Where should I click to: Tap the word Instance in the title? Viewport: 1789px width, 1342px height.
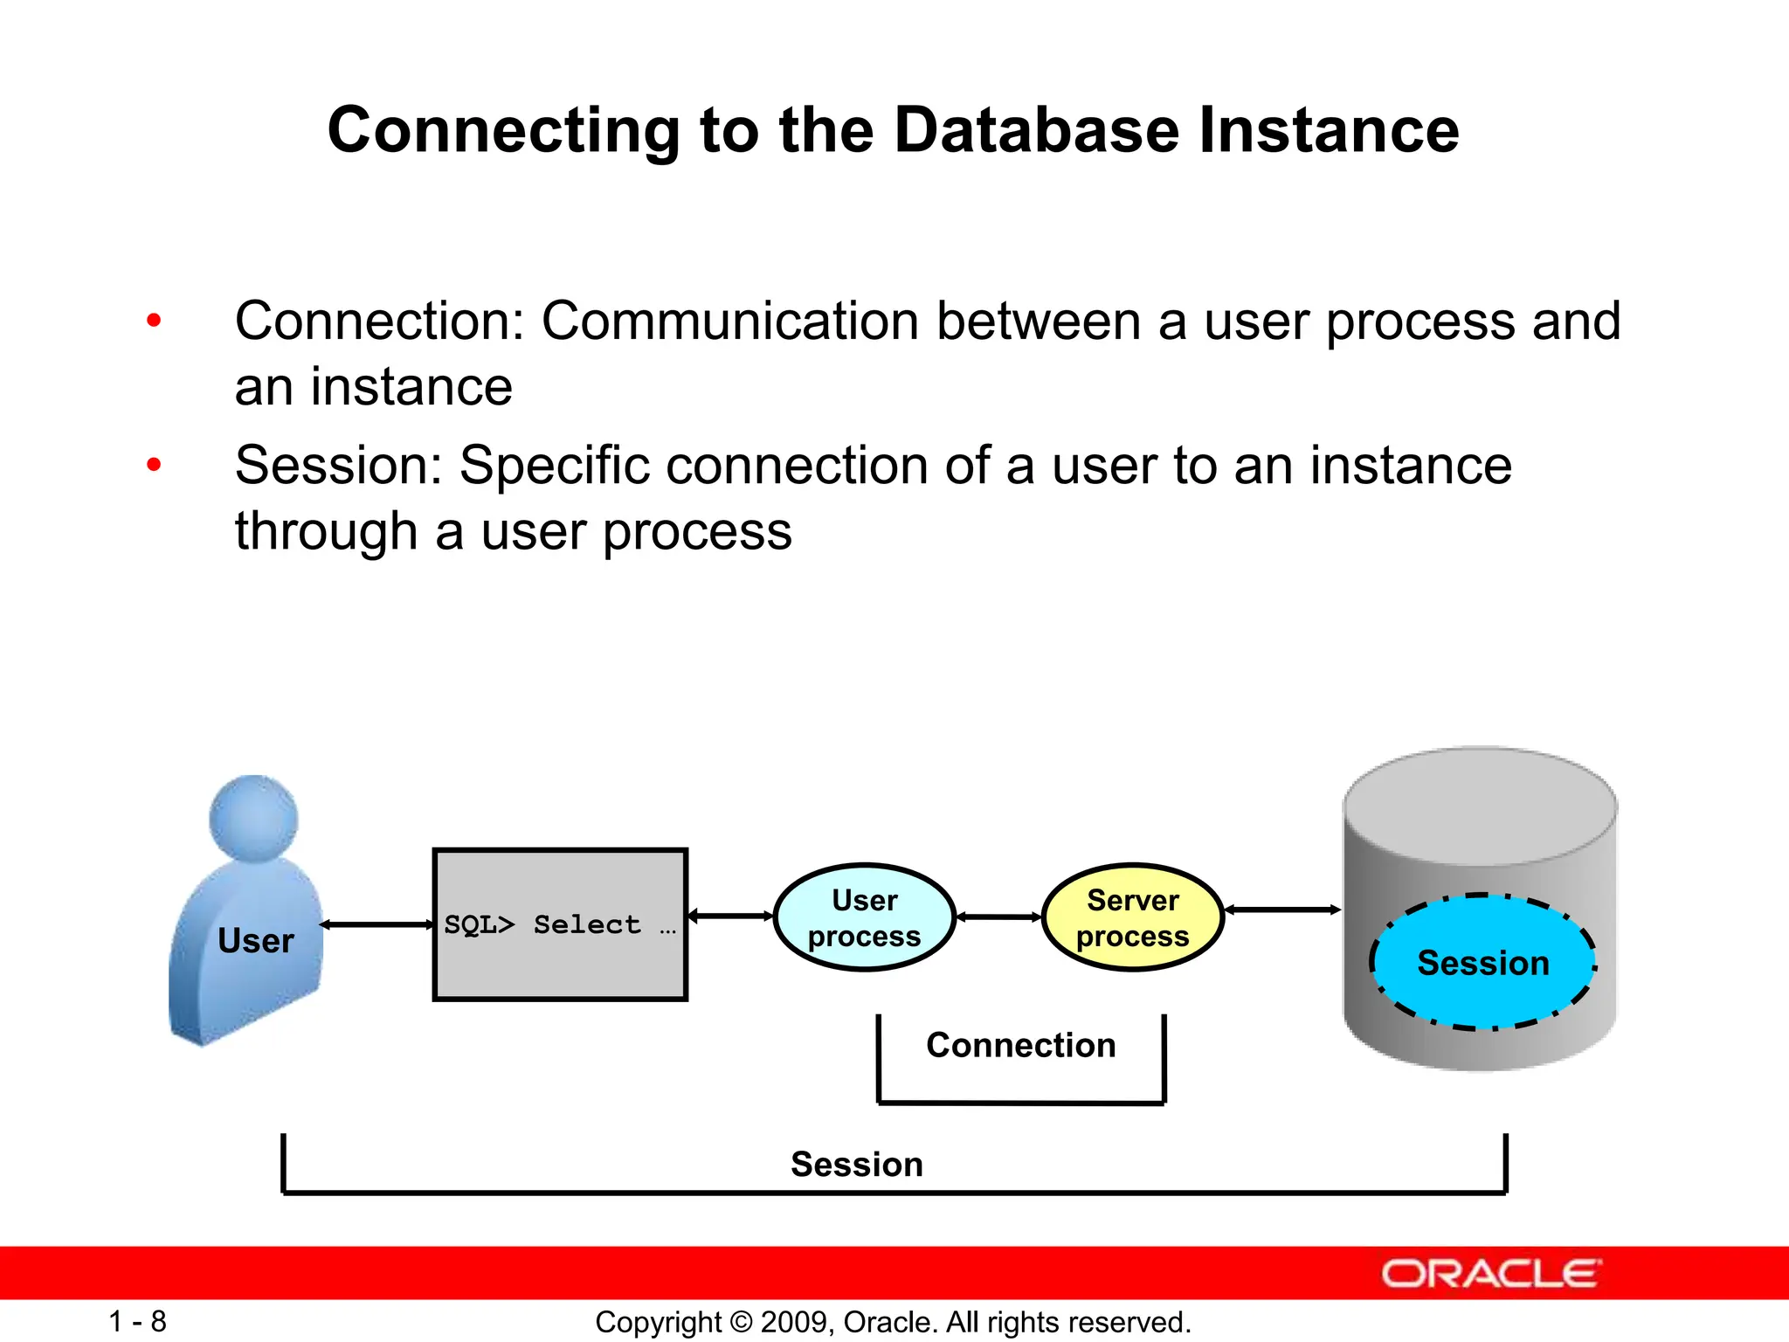1329,130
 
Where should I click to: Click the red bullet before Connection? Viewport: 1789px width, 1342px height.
155,321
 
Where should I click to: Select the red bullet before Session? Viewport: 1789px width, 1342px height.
155,465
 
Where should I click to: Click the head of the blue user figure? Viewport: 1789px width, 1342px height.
253,818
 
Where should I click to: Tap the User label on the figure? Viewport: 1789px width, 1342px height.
255,941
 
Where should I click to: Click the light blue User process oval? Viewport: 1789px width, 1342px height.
864,917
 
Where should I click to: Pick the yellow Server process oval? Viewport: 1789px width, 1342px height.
1132,917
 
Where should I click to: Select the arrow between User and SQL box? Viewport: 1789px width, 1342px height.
377,924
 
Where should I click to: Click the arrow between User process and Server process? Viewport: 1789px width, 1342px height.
999,917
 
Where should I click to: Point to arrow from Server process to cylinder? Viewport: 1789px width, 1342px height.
1282,910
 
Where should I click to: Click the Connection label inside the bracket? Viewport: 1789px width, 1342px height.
1020,1045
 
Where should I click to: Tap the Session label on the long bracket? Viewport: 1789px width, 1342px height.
856,1165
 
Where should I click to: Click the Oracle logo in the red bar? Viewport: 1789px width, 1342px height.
1490,1274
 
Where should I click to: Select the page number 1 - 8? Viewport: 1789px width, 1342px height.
137,1321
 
